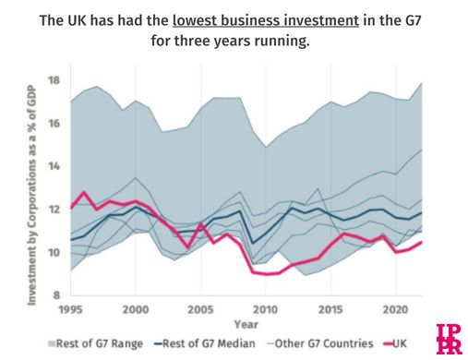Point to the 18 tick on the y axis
tap(53, 79)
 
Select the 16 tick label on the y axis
tap(53, 123)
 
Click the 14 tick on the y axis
tap(53, 166)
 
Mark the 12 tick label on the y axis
tap(53, 210)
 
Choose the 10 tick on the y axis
tap(53, 253)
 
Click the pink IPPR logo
tap(449, 339)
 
